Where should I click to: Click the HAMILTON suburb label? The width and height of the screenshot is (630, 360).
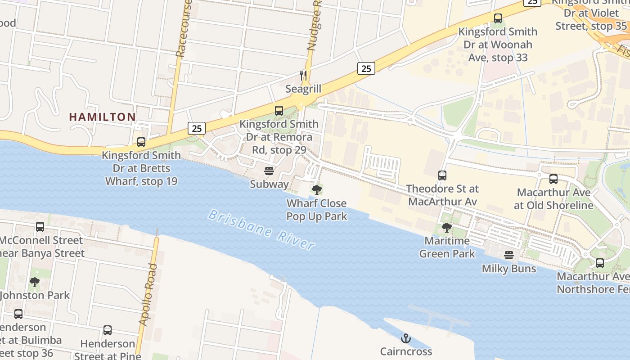(x=102, y=117)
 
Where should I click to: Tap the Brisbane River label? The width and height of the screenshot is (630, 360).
(x=261, y=229)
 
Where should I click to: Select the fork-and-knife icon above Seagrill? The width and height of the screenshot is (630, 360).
(x=304, y=75)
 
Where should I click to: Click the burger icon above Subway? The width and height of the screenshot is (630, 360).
(x=269, y=171)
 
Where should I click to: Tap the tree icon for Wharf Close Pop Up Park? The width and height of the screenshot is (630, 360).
(x=317, y=189)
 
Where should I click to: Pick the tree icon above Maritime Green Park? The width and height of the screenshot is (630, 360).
(x=447, y=227)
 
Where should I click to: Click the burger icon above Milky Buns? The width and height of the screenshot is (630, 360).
(x=509, y=255)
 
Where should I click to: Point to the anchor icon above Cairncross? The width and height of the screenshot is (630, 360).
(x=406, y=338)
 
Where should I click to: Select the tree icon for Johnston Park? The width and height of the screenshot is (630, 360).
(x=34, y=282)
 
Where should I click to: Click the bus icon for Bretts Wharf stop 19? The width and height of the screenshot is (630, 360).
(x=141, y=142)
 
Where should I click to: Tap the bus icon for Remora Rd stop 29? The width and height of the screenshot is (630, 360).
(x=279, y=111)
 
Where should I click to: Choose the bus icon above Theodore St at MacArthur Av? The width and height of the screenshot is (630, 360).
(x=442, y=175)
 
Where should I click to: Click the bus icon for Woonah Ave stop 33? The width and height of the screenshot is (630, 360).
(x=498, y=18)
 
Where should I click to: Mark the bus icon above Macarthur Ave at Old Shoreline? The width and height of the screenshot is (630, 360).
(x=553, y=179)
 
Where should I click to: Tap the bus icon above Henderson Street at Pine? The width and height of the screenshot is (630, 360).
(x=108, y=330)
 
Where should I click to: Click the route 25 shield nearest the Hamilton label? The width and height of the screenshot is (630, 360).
(x=197, y=128)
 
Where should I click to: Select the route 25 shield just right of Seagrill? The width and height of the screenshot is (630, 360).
(x=366, y=68)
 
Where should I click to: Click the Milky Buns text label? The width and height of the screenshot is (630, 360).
(x=509, y=269)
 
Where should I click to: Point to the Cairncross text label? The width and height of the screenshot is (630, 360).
(x=406, y=351)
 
